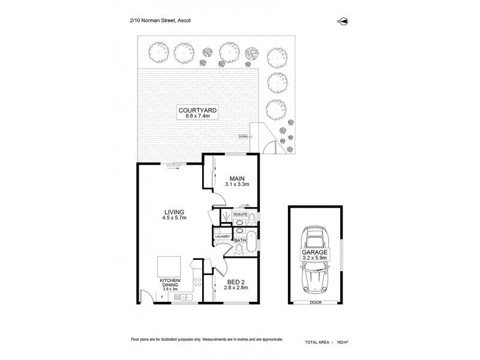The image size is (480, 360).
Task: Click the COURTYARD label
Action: [x=197, y=110]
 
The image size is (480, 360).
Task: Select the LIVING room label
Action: [x=173, y=211]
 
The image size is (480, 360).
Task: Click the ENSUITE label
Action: [x=241, y=213]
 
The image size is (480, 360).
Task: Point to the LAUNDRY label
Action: [x=223, y=236]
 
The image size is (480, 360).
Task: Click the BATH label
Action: [x=240, y=241]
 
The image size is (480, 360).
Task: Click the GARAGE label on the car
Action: [x=314, y=253]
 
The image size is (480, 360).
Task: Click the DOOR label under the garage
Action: [x=315, y=303]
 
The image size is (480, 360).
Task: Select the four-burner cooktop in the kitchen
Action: [x=197, y=281]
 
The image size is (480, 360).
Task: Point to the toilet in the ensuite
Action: [x=252, y=216]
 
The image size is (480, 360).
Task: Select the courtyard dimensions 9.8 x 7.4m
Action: [x=197, y=117]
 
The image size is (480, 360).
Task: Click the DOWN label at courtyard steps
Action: [x=242, y=136]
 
